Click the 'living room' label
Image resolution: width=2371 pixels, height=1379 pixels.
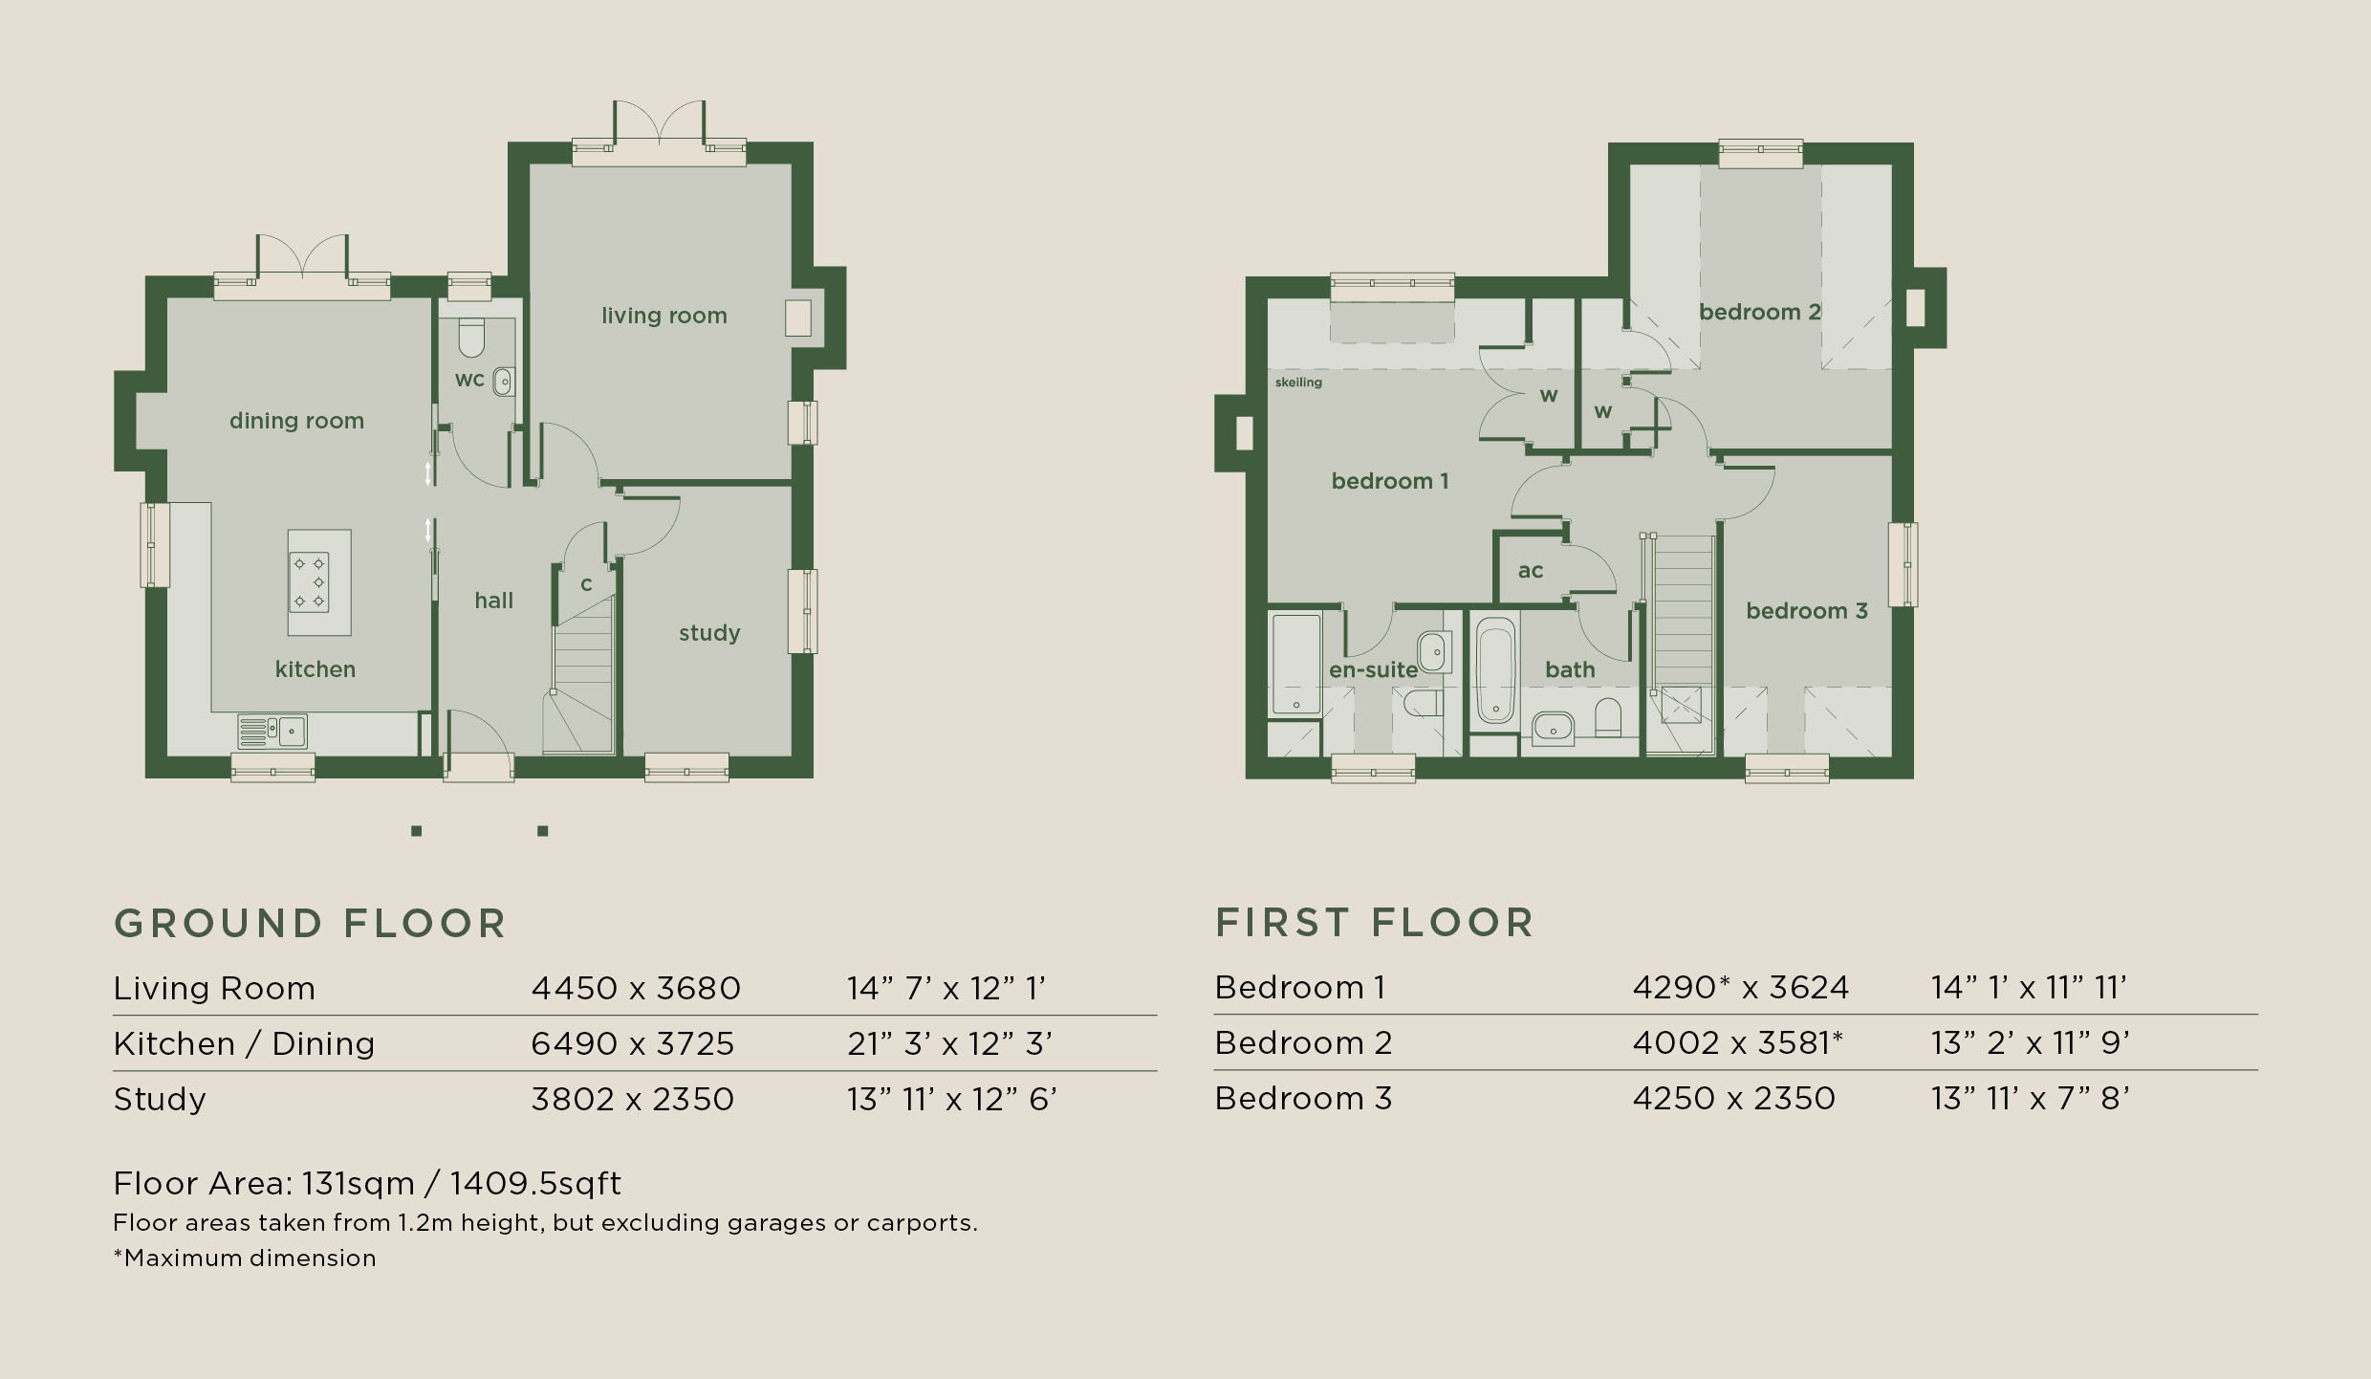click(x=664, y=316)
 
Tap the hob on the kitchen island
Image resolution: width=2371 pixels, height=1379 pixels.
click(x=309, y=581)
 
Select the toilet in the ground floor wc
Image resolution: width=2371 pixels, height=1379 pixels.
click(x=471, y=338)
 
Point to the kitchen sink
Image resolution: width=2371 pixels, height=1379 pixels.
click(x=272, y=732)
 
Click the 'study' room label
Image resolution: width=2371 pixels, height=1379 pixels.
click(x=709, y=633)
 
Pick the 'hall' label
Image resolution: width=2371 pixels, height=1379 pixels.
click(x=494, y=601)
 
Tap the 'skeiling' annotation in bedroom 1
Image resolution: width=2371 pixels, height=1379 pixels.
click(x=1298, y=383)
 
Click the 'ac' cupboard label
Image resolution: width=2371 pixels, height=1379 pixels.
click(x=1531, y=571)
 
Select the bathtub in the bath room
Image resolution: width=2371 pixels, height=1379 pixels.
click(x=1495, y=671)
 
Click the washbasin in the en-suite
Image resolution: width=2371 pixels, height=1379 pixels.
click(x=1434, y=652)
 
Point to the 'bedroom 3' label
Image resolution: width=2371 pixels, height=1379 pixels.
click(x=1807, y=611)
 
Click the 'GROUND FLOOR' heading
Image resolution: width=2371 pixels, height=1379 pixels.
click(x=310, y=924)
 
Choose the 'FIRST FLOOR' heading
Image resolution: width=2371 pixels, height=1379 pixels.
click(x=1375, y=923)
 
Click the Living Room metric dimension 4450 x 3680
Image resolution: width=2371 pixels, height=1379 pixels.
click(x=636, y=988)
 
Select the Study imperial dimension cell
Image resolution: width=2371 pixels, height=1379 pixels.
click(x=951, y=1100)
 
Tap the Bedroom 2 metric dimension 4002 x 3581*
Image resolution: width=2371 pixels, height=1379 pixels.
click(x=1737, y=1042)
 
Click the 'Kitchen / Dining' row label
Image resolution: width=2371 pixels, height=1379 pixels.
click(x=244, y=1043)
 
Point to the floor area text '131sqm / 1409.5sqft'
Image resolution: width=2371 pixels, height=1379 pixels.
click(x=462, y=1184)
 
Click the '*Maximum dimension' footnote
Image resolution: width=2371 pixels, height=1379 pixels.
click(x=245, y=1259)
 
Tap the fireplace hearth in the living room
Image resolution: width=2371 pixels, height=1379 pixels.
click(x=798, y=317)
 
